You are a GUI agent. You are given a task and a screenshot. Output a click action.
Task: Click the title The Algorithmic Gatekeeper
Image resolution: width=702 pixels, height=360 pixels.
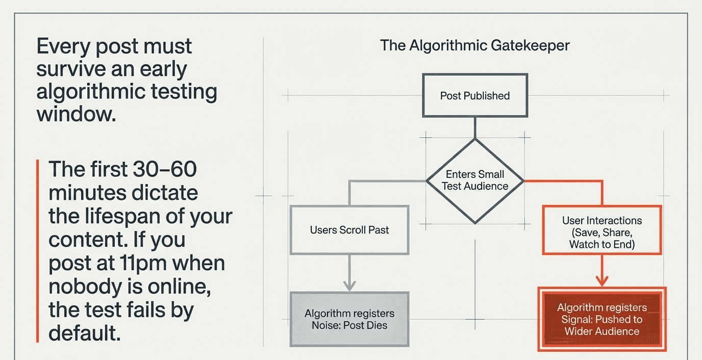pos(474,45)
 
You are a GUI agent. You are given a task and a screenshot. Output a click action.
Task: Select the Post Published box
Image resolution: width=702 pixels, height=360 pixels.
pos(474,95)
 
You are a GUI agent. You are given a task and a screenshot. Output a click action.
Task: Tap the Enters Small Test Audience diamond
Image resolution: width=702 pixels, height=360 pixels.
pos(475,180)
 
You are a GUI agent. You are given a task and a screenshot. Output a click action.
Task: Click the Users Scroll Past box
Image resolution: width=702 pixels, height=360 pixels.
pos(349,230)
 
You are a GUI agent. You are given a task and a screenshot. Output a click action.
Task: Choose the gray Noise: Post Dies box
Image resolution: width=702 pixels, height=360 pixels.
pos(349,319)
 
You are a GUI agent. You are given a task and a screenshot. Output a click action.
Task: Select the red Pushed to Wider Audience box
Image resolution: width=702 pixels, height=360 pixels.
pos(602,319)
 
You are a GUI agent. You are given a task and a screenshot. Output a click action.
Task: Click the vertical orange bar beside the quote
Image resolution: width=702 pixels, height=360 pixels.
pos(38,251)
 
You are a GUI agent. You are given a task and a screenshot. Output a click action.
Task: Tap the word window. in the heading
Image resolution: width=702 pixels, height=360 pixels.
pos(76,114)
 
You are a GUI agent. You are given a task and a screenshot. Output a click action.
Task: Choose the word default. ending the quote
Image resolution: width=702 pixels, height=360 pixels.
pos(85,334)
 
